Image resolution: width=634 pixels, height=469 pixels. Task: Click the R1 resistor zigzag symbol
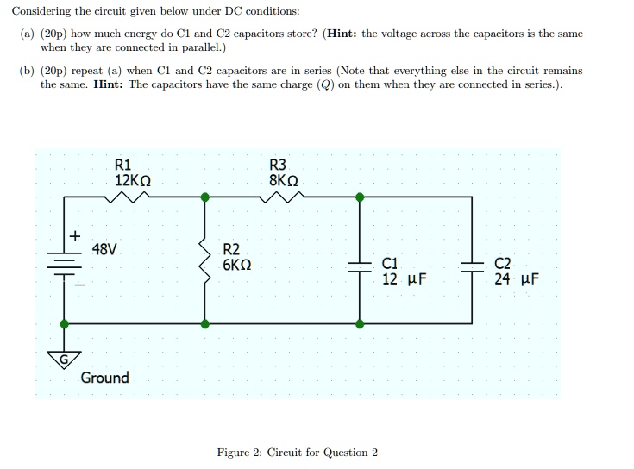pyautogui.click(x=127, y=197)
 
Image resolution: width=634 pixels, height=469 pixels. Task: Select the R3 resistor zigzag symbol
pyautogui.click(x=282, y=197)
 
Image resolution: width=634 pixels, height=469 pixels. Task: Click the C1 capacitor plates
pyautogui.click(x=360, y=266)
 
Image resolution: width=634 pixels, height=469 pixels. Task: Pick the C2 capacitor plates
pyautogui.click(x=472, y=266)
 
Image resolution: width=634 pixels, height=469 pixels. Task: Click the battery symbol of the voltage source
pyautogui.click(x=65, y=264)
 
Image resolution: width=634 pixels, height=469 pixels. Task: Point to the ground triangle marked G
pyautogui.click(x=65, y=360)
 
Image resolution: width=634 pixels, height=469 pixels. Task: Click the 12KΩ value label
pyautogui.click(x=133, y=180)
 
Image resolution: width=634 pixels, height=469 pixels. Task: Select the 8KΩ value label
pyautogui.click(x=284, y=180)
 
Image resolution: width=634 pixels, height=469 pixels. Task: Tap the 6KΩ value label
pyautogui.click(x=237, y=265)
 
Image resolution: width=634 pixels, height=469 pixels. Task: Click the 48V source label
pyautogui.click(x=104, y=249)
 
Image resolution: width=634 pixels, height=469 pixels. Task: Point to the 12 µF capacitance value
pyautogui.click(x=405, y=278)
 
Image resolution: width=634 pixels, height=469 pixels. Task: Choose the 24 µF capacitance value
pyautogui.click(x=517, y=278)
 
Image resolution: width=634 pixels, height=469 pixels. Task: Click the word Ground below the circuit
pyautogui.click(x=104, y=378)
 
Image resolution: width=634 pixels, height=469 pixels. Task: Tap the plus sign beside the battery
pyautogui.click(x=75, y=235)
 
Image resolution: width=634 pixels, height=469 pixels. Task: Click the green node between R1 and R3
pyautogui.click(x=205, y=197)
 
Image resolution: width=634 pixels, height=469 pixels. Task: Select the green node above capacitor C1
pyautogui.click(x=360, y=197)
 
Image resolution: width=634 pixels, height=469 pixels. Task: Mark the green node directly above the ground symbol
pyautogui.click(x=65, y=323)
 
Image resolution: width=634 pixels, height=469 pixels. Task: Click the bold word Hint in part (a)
pyautogui.click(x=342, y=34)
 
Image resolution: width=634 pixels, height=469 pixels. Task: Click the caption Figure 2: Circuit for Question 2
pyautogui.click(x=298, y=453)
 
